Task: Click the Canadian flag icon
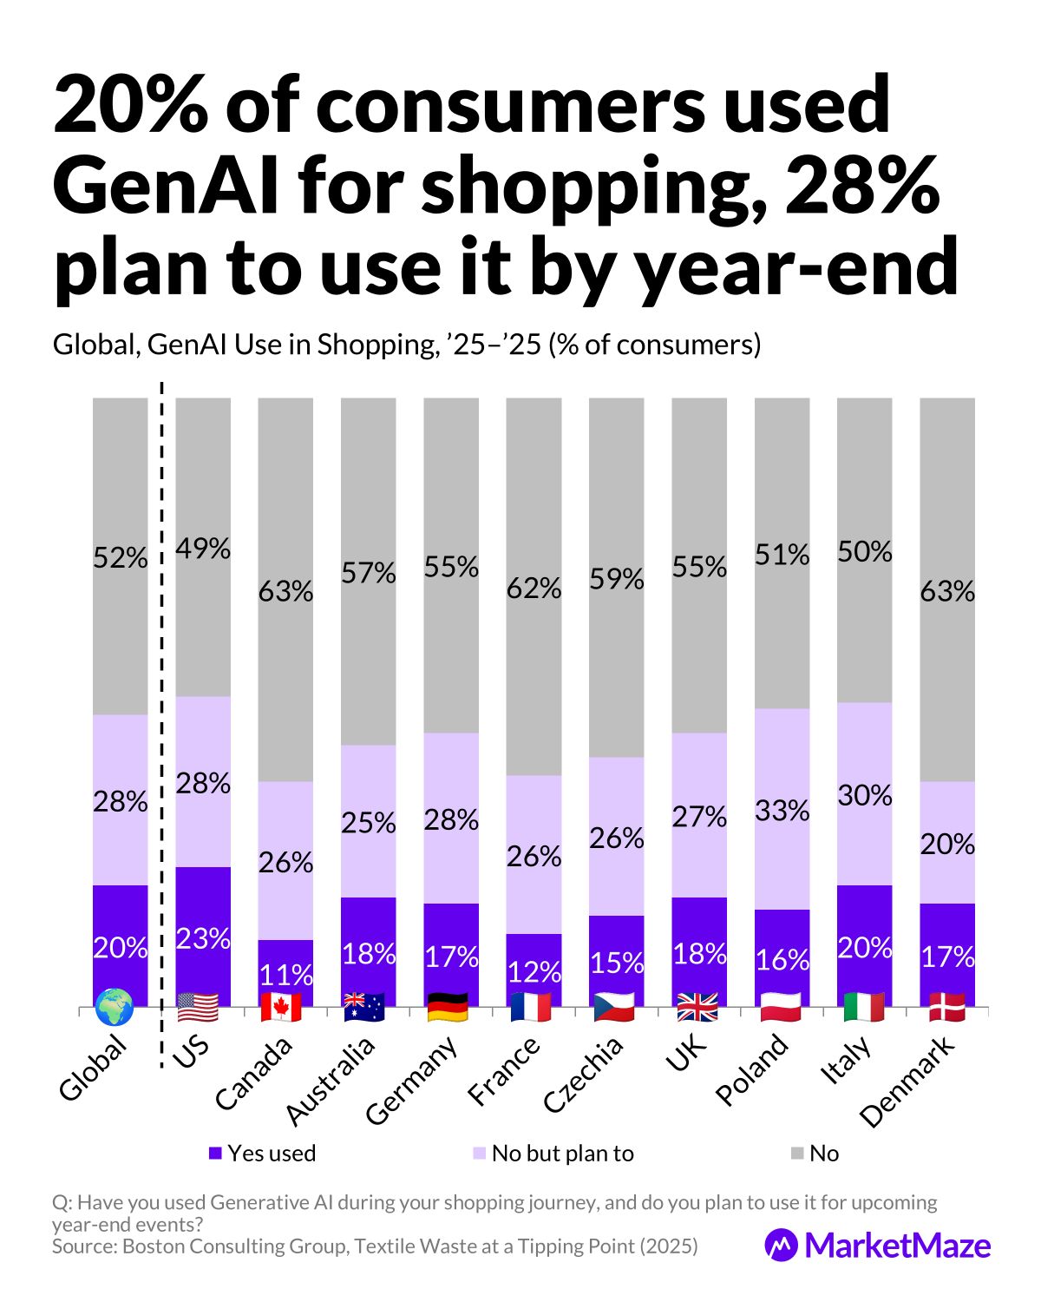click(282, 1007)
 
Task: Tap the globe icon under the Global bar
click(115, 1007)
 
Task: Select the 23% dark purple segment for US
click(203, 937)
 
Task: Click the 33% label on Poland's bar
click(782, 811)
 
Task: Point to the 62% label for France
click(534, 589)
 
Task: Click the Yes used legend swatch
click(216, 1154)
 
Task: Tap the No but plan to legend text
click(562, 1154)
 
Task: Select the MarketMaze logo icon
click(781, 1245)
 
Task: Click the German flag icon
click(448, 1007)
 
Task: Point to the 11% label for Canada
click(285, 975)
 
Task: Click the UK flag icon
click(697, 1007)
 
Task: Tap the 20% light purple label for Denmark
click(947, 844)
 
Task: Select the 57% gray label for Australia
click(368, 573)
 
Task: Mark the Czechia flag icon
click(615, 1007)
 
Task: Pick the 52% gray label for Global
click(120, 558)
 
